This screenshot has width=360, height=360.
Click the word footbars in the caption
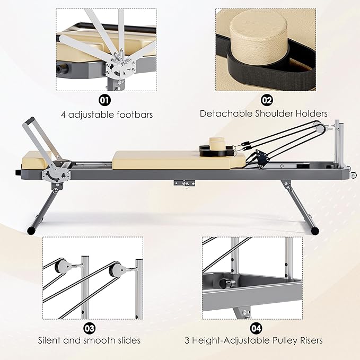point(135,113)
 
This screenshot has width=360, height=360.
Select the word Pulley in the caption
point(280,340)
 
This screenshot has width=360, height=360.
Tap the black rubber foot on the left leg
point(32,230)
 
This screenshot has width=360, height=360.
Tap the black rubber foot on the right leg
point(316,230)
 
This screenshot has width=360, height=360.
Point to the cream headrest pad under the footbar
point(36,156)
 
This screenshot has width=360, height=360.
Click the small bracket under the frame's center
point(183,183)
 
